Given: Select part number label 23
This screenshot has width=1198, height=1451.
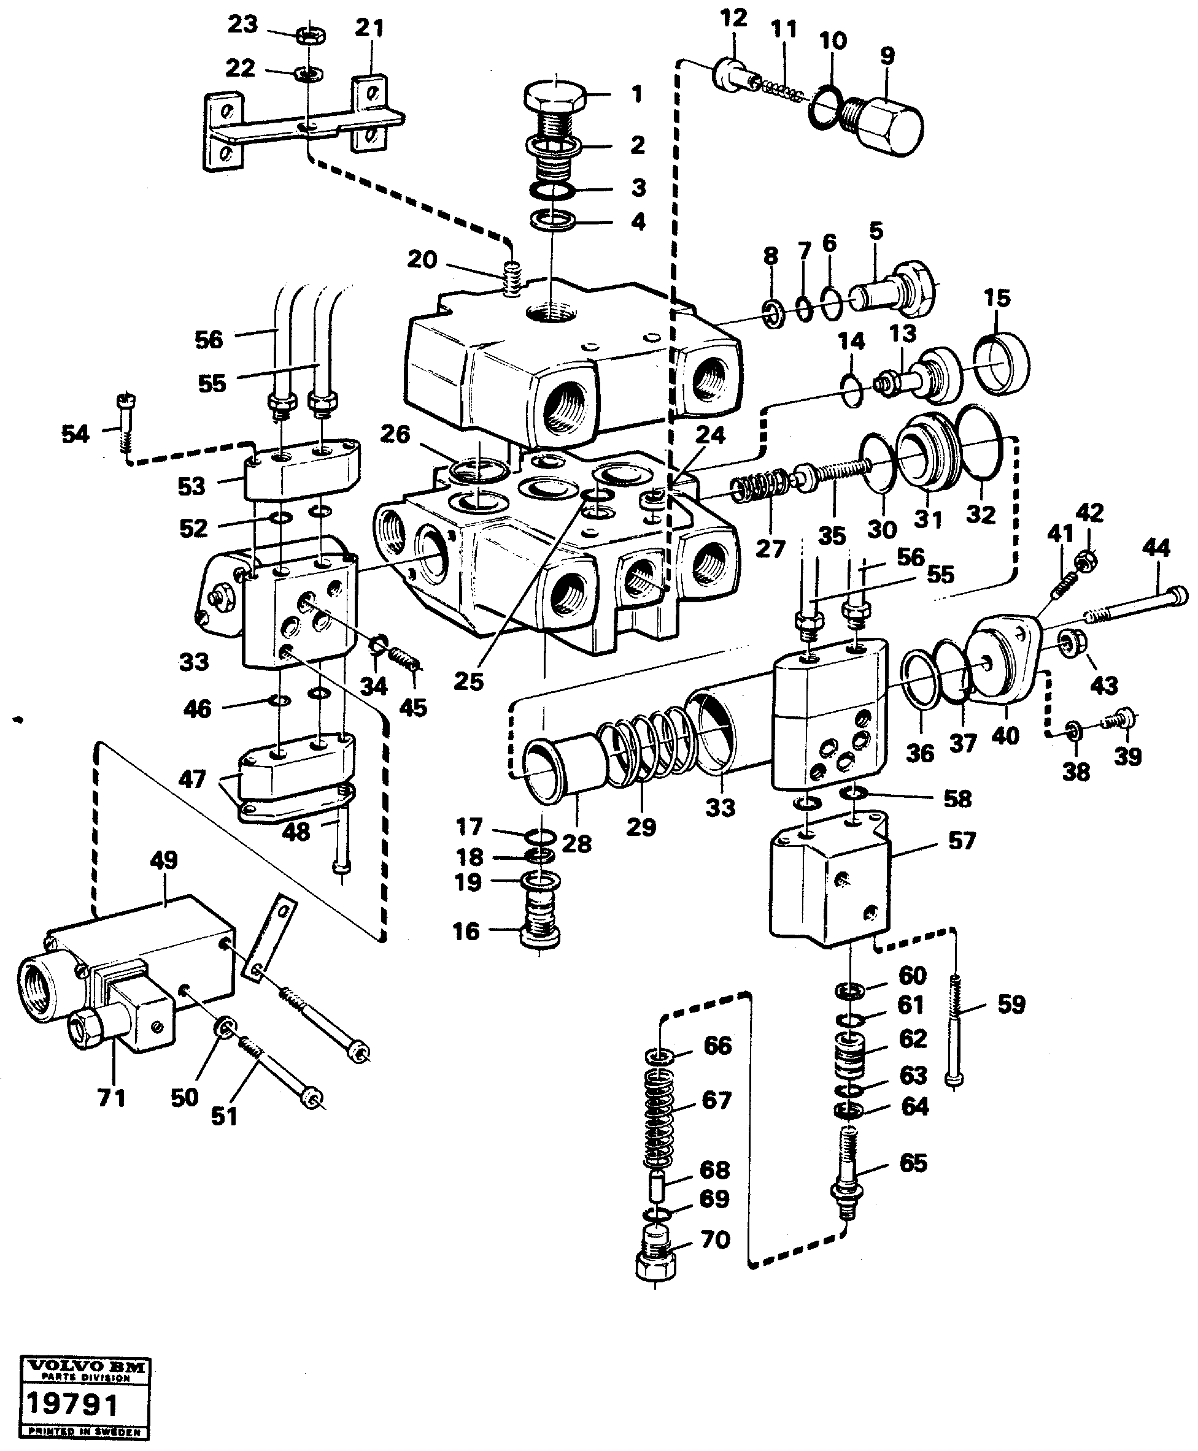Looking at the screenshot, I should click(x=242, y=24).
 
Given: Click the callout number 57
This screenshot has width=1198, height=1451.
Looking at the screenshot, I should click(x=962, y=841).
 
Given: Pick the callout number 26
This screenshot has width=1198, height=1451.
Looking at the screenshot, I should click(x=395, y=434).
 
